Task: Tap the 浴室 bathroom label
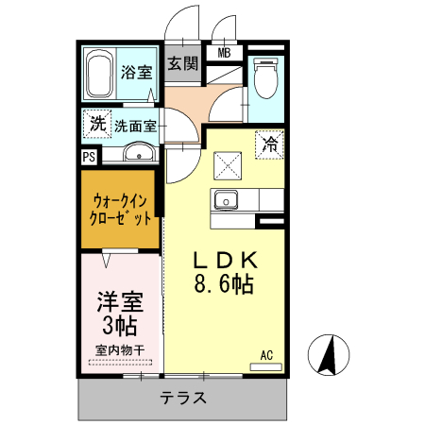136,72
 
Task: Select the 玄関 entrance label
183,64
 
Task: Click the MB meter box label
225,52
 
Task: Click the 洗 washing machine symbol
96,123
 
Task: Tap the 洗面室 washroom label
135,124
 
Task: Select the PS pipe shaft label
89,157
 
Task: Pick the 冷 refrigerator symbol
270,144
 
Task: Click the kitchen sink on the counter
227,200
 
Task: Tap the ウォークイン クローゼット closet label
121,209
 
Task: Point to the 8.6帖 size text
225,284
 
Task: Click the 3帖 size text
120,327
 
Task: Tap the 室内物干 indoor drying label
120,351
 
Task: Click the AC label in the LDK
266,355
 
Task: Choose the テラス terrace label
183,398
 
